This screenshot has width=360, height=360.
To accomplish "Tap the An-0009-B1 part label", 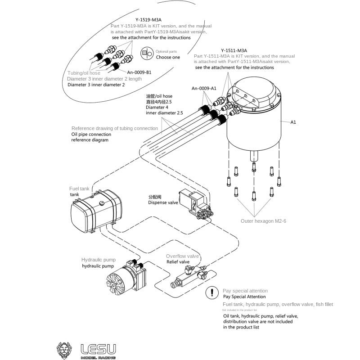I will (x=139, y=72).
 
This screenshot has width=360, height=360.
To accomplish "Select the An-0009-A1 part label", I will (x=204, y=88).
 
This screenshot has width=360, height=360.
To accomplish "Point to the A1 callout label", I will (x=293, y=122).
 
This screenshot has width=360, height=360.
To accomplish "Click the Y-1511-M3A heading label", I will (x=234, y=50).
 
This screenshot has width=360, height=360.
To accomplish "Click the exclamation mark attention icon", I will (x=211, y=293).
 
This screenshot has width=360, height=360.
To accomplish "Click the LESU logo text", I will (x=98, y=349).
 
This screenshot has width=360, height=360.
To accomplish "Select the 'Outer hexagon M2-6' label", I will (x=263, y=221).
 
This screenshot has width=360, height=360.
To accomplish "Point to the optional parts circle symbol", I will (x=147, y=53).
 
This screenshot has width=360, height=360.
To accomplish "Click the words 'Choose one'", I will (x=168, y=58).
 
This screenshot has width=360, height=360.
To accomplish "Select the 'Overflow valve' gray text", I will (x=182, y=256).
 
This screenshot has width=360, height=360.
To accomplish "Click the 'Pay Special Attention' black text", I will (x=244, y=297).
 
